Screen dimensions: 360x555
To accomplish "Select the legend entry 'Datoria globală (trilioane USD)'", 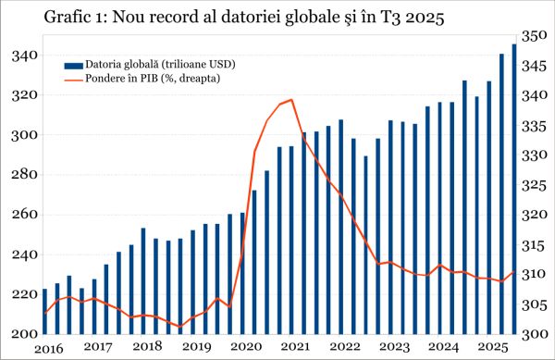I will click(159, 65).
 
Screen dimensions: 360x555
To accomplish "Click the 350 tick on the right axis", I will click(536, 36).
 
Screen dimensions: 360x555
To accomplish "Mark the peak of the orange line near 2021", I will click(291, 100).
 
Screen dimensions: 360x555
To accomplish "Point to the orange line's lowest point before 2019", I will click(180, 327).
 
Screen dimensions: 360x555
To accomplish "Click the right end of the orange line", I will click(514, 272).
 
